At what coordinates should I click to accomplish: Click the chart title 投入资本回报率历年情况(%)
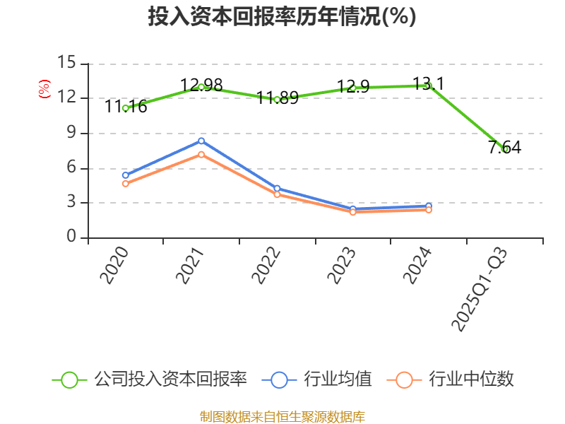point(282,17)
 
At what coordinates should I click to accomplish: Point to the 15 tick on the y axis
point(66,63)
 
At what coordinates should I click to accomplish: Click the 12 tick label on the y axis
point(66,98)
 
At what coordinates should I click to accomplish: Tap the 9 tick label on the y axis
point(71,133)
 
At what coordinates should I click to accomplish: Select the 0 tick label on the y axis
point(71,237)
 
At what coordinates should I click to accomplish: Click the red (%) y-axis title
point(44,89)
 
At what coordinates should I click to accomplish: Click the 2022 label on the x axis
point(266,265)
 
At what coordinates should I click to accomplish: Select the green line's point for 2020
point(125,108)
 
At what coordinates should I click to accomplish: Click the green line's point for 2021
point(201,87)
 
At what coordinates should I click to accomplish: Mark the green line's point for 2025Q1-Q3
point(505,149)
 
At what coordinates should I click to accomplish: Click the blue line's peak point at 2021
point(201,141)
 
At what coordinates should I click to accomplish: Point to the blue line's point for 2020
point(125,175)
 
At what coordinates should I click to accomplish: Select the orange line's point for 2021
point(201,154)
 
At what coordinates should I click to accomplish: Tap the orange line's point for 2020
point(125,184)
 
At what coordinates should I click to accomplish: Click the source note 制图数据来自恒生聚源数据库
point(282,416)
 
